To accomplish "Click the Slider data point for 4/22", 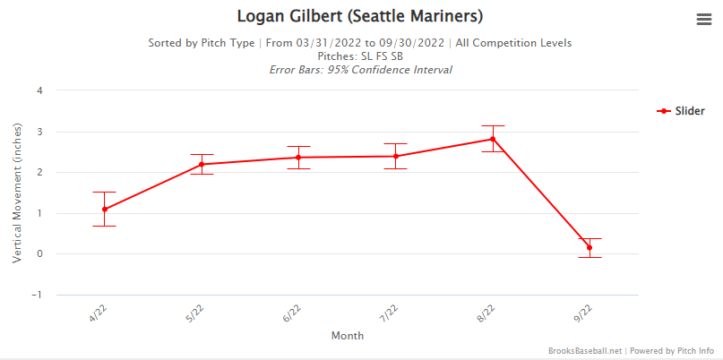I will (105, 209).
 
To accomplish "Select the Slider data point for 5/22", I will (202, 164).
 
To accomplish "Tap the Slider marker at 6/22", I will (298, 158).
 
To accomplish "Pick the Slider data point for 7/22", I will (395, 156).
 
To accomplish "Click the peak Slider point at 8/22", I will (492, 139).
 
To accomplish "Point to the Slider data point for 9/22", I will (589, 247).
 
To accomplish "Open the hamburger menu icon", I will (703, 21).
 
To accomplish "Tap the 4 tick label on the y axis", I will (39, 90).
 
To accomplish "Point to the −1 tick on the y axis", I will (37, 295).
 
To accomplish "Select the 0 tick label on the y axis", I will (39, 253).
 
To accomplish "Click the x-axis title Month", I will (347, 336).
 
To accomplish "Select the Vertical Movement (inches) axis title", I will (17, 193).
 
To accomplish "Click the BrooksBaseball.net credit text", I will (584, 351).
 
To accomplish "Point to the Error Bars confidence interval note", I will (360, 69).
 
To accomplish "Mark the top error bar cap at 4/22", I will (105, 192).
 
